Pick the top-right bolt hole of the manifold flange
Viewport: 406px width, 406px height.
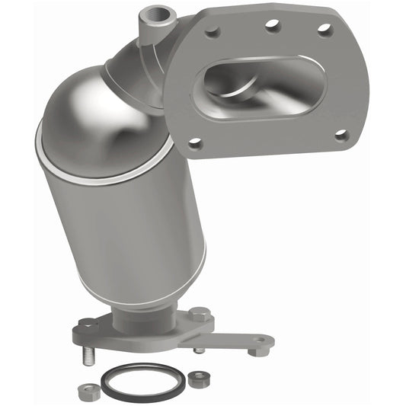click(x=324, y=29)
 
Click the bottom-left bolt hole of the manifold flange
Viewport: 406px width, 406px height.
click(x=195, y=142)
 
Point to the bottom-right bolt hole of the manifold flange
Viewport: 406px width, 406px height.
click(x=340, y=135)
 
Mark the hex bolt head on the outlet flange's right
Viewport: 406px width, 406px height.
click(x=200, y=314)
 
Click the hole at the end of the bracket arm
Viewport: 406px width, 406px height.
click(x=260, y=341)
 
